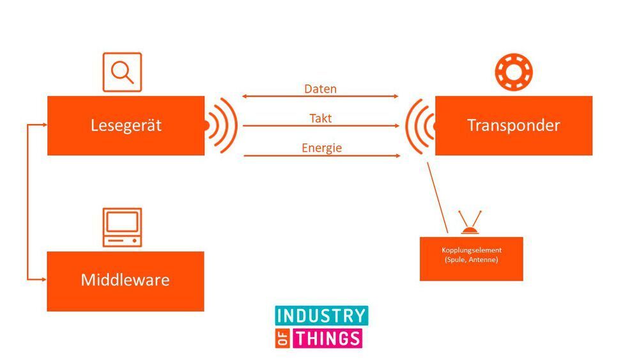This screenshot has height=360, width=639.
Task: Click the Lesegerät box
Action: tap(126, 125)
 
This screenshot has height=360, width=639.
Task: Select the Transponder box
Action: tap(514, 125)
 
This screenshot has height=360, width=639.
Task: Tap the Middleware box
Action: tap(125, 281)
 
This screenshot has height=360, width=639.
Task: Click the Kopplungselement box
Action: tap(471, 258)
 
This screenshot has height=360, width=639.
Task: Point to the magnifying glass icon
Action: tap(122, 72)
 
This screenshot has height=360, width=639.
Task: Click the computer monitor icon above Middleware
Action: tap(122, 226)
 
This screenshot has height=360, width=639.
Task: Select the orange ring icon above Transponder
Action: tap(514, 72)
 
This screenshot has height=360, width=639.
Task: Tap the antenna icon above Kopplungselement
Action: tap(471, 223)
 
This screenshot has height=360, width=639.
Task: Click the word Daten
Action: tap(320, 89)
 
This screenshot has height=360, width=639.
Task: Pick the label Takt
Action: tap(320, 118)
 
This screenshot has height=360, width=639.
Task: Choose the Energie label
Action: tap(321, 148)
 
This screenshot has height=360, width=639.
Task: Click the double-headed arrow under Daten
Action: tap(320, 97)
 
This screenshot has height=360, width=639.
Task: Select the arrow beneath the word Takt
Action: tap(320, 126)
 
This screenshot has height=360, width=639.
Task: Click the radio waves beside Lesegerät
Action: tap(222, 125)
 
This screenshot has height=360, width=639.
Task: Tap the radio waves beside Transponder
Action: tap(419, 125)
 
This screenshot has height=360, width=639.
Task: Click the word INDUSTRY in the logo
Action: tap(321, 315)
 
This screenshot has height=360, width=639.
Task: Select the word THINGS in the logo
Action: tap(327, 338)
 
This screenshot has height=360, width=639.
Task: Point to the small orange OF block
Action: tap(283, 338)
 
